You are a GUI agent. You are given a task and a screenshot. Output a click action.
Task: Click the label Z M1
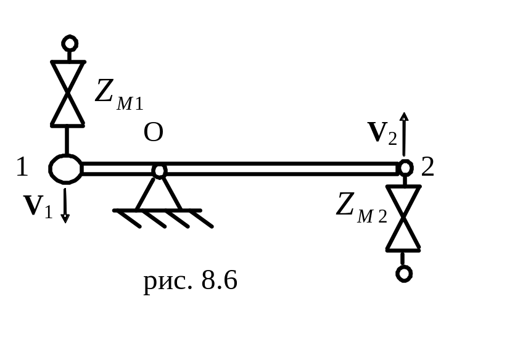tap(119, 95)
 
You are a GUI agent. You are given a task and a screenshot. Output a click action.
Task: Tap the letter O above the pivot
tap(153, 133)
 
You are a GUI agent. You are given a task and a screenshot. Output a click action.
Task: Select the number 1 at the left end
tap(22, 168)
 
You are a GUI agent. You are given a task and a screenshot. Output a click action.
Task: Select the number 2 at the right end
tap(427, 167)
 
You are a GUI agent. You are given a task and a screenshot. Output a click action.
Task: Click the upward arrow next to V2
tap(403, 133)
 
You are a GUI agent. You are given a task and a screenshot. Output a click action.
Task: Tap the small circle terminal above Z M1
tap(70, 44)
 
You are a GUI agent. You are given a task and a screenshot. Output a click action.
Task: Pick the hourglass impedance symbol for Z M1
tap(67, 93)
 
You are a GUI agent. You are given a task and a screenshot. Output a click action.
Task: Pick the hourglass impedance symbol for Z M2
tap(404, 219)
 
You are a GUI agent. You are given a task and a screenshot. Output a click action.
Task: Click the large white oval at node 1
tap(65, 168)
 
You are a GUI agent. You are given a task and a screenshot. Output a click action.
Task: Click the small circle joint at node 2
tap(405, 168)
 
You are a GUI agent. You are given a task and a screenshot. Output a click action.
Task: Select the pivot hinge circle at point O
tap(159, 170)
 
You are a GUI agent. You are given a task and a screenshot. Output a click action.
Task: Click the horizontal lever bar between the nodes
tap(278, 168)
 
